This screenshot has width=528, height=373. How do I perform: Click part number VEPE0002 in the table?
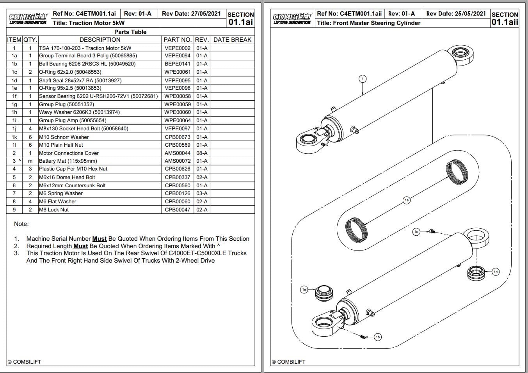178,48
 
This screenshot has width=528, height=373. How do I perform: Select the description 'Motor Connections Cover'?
69,153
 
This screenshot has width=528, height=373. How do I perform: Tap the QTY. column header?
30,39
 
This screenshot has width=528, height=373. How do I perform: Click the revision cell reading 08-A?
202,153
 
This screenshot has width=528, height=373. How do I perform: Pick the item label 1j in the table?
14,128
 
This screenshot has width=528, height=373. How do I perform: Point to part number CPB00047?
178,210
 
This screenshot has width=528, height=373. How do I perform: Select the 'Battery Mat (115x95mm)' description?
68,161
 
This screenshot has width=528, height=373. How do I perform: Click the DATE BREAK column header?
232,39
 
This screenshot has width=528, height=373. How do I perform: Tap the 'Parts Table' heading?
130,32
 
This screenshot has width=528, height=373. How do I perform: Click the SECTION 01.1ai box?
240,18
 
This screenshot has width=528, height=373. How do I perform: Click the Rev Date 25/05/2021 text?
456,14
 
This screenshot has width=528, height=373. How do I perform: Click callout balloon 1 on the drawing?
363,79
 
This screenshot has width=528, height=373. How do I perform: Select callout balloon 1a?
407,200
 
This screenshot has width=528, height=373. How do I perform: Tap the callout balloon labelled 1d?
496,272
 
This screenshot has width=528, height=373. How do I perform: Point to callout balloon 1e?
304,289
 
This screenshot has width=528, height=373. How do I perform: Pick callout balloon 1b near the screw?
377,337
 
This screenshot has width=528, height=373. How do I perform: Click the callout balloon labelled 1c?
416,232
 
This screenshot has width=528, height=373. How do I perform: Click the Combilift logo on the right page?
292,18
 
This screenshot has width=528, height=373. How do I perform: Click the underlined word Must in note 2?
80,246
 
